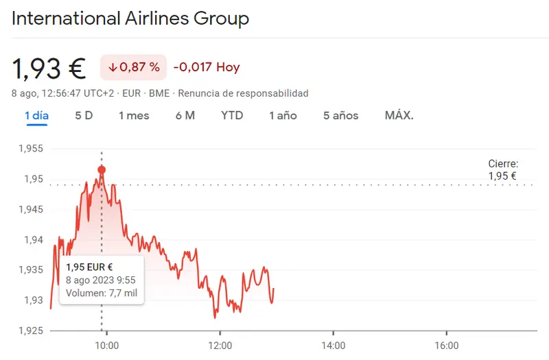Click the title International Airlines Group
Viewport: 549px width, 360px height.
pos(130,19)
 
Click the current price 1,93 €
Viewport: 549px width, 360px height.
pos(49,68)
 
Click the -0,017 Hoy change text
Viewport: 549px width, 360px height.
pos(207,67)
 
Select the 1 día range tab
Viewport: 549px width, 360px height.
pos(36,115)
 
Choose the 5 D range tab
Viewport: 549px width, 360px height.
pos(84,115)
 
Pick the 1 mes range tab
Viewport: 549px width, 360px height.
pos(134,115)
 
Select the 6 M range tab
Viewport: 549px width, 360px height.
pos(185,115)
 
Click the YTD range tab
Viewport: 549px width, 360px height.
pos(232,115)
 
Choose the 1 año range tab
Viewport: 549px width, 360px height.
pos(283,115)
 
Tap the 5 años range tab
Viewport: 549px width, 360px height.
pos(341,115)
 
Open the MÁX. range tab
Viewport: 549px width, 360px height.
pos(399,115)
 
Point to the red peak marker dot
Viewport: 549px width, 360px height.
pos(102,169)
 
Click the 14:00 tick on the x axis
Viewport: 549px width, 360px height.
pos(333,346)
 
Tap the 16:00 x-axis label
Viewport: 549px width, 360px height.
pos(447,346)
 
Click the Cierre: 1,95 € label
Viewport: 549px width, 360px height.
pos(502,170)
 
